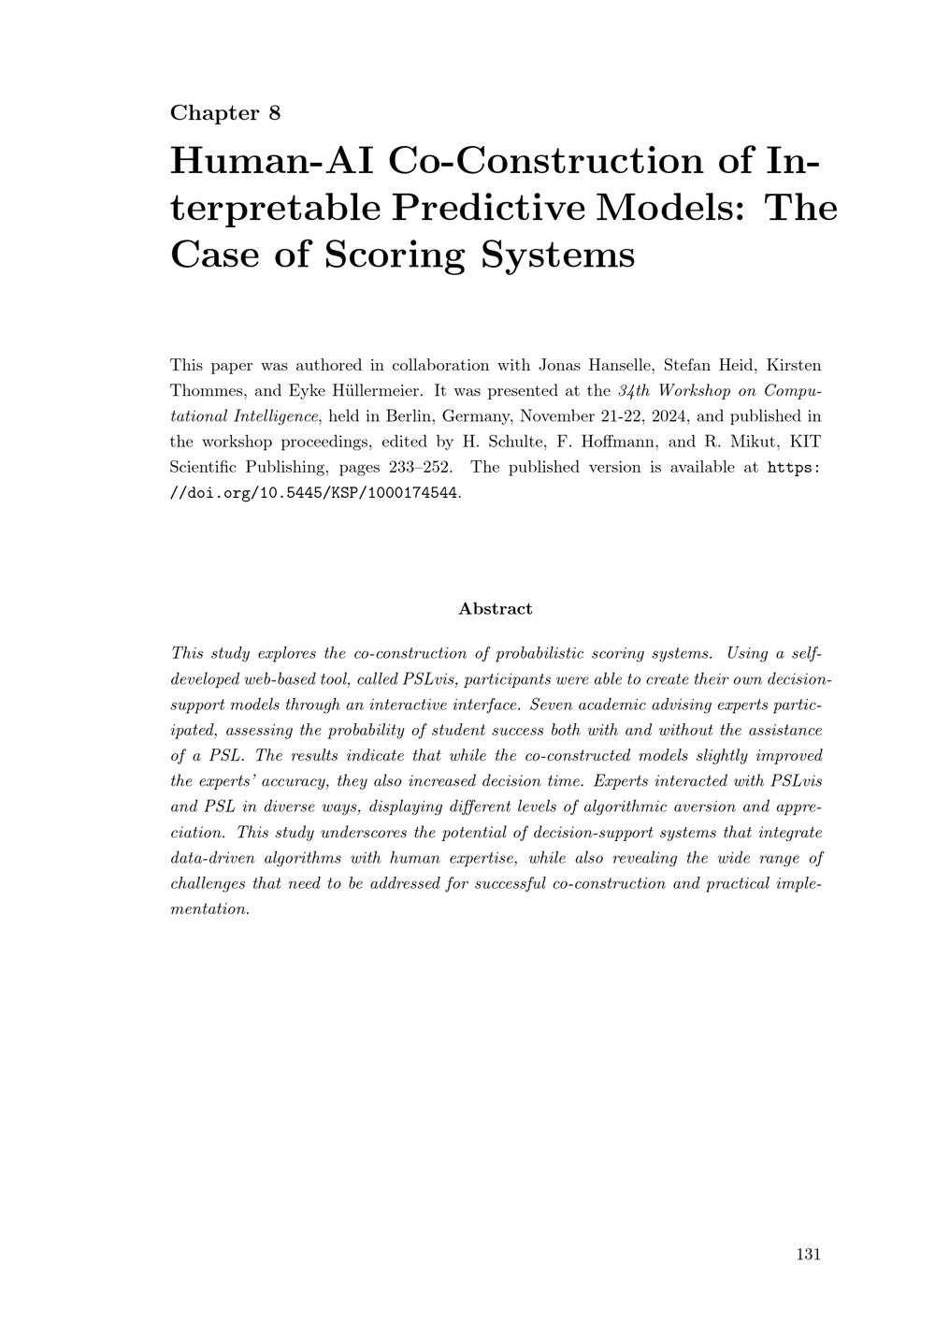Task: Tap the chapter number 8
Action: click(x=274, y=113)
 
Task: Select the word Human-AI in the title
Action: click(x=271, y=161)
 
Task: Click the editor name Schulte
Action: click(x=517, y=442)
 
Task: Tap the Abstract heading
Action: click(x=496, y=608)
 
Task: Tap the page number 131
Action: click(x=808, y=1254)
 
